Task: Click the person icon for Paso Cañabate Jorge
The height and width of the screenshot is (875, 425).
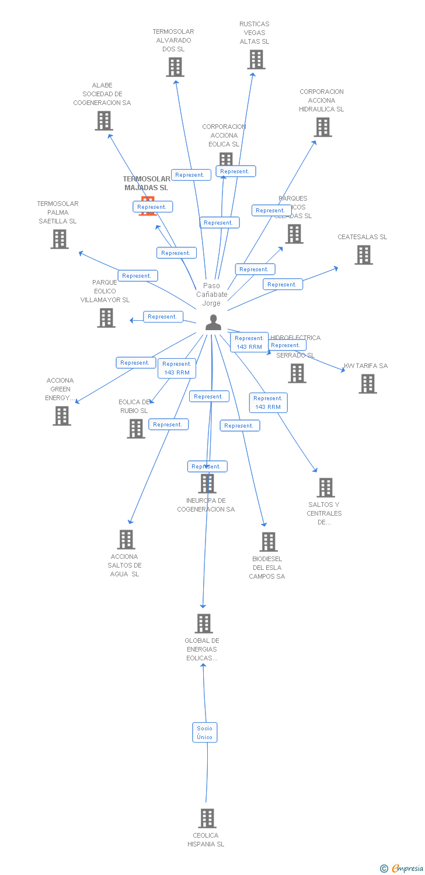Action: [214, 323]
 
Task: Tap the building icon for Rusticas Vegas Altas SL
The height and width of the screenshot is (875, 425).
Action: [256, 60]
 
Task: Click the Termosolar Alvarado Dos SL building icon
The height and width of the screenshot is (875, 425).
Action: [175, 67]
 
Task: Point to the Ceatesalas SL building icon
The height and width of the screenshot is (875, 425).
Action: [363, 255]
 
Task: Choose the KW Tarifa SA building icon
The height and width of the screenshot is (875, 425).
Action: [367, 384]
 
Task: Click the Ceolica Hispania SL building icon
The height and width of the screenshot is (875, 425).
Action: [207, 818]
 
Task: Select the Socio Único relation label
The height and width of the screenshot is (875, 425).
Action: [205, 733]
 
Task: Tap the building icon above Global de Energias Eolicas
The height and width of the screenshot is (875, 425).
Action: [203, 624]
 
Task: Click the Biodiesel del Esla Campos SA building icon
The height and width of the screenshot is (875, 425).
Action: [268, 542]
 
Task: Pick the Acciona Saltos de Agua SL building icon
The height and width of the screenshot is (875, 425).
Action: [126, 540]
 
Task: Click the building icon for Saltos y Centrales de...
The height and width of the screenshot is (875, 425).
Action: [325, 488]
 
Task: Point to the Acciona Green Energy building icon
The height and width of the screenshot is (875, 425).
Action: [62, 416]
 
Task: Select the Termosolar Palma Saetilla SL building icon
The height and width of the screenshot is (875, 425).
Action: [59, 239]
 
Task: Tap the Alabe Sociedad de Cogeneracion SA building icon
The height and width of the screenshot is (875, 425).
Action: [103, 121]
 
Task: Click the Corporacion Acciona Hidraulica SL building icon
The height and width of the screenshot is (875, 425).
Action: [322, 127]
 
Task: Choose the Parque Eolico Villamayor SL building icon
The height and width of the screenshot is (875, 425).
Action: [106, 318]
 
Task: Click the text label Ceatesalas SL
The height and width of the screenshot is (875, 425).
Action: [362, 237]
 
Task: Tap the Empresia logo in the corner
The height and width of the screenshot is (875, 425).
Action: [402, 868]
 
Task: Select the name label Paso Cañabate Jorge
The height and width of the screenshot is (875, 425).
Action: [212, 294]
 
